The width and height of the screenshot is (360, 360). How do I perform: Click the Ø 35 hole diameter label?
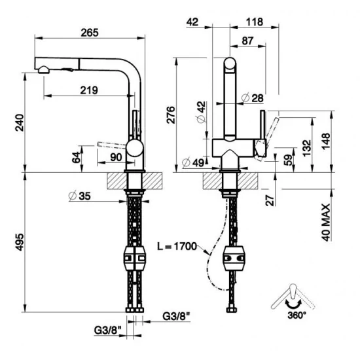(x=79, y=194)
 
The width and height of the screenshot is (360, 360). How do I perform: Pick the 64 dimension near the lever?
(x=76, y=158)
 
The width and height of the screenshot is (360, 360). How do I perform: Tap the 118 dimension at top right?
(x=251, y=22)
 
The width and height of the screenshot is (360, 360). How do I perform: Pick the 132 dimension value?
(x=306, y=148)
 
